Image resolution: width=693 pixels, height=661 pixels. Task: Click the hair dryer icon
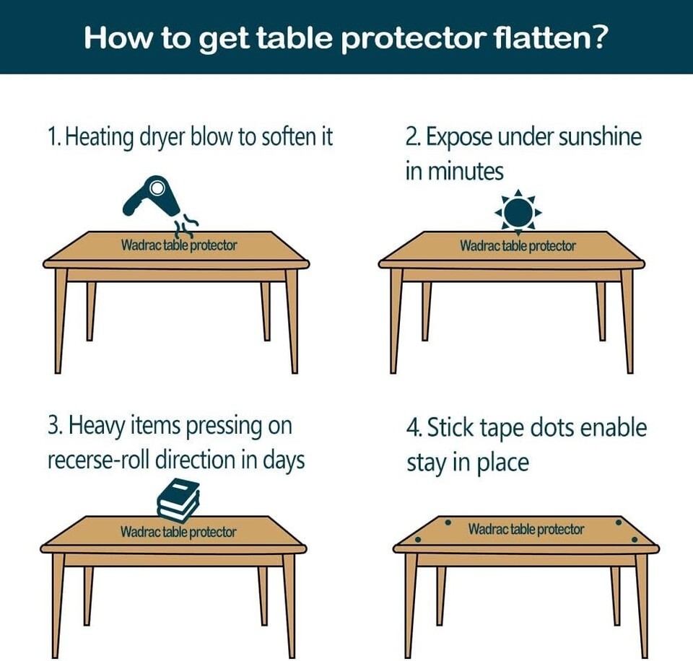click(151, 196)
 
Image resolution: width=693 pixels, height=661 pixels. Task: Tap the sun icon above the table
click(518, 212)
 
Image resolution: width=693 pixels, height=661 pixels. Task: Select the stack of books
click(178, 500)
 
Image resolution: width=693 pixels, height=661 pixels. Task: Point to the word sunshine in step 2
click(600, 137)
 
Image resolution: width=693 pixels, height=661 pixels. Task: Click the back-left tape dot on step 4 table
click(448, 522)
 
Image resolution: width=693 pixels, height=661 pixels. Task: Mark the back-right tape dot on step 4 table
click(619, 522)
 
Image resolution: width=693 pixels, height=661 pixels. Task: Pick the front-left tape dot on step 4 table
click(418, 540)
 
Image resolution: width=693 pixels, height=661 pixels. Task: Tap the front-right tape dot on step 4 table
click(635, 540)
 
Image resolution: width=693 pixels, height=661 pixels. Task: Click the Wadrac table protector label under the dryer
click(179, 245)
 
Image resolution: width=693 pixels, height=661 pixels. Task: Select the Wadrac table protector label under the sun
click(518, 245)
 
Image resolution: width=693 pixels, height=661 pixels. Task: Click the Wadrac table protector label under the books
click(178, 532)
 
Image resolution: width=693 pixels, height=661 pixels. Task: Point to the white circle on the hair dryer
click(156, 188)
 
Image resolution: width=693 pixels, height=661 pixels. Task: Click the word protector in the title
click(413, 38)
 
